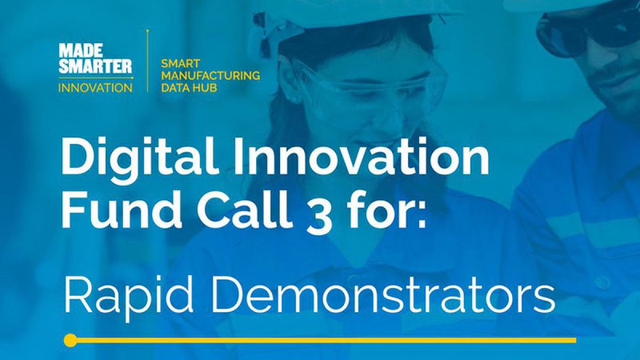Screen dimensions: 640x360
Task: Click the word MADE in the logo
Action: pos(81,50)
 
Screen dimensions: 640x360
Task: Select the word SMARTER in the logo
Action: pos(95,66)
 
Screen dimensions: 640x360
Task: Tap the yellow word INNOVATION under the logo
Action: pos(95,87)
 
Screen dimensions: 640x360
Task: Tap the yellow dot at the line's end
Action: pos(70,340)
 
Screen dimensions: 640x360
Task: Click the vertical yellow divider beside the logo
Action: pos(148,61)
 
